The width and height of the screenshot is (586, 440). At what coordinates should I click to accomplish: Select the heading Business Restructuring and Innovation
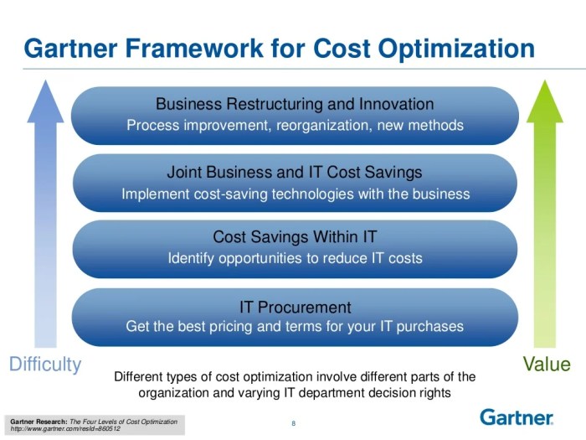coord(295,105)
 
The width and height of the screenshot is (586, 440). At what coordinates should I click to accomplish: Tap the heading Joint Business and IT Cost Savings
coord(295,173)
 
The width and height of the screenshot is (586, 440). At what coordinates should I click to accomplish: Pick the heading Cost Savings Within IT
coord(295,237)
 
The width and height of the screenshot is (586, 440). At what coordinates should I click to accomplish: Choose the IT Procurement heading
coord(295,307)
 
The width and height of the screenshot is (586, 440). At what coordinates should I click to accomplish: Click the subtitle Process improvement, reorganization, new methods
coord(295,126)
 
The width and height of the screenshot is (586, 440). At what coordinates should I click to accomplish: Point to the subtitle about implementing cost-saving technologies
coord(295,194)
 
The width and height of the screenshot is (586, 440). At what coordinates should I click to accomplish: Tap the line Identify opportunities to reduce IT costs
coord(295,258)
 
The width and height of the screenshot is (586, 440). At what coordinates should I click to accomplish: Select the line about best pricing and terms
coord(295,326)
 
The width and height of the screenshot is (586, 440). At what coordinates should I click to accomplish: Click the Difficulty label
coord(45,365)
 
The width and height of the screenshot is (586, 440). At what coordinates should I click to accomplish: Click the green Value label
coord(546,365)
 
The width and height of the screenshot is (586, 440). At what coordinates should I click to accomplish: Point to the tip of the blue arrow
coord(45,81)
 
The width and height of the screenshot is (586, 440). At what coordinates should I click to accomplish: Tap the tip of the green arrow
coord(546,81)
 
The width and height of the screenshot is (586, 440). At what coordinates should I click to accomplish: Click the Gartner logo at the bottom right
coord(517,417)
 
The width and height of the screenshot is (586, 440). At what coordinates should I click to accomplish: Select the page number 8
coord(293,422)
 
